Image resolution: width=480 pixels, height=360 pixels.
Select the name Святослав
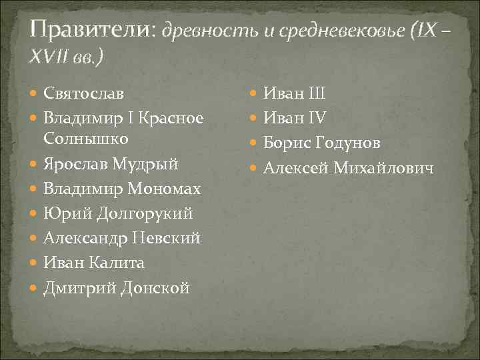point(83,93)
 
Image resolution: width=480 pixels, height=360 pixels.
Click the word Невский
point(167,239)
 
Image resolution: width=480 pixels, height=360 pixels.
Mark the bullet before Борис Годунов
point(254,143)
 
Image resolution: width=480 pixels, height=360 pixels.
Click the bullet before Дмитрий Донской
point(34,289)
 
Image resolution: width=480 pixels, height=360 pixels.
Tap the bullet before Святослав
point(34,94)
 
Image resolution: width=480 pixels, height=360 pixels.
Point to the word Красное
point(171,117)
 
